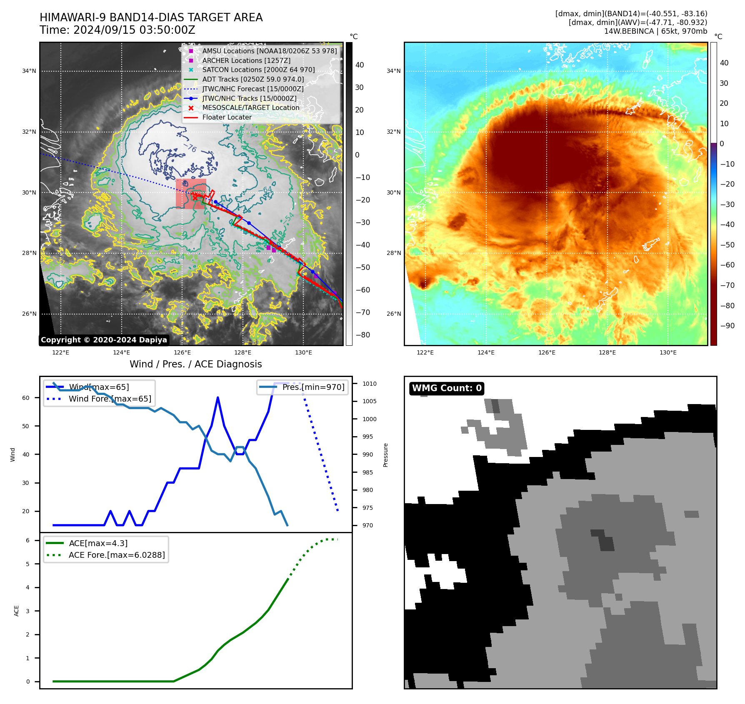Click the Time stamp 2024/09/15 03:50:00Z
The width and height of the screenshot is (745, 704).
(x=117, y=30)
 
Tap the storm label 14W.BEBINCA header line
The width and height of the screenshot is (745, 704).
(x=655, y=31)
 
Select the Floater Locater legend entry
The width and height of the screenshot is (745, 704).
(x=227, y=117)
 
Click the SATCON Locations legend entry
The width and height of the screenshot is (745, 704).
(x=258, y=70)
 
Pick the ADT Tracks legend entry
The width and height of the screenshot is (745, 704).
(x=253, y=80)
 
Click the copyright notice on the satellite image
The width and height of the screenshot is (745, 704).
(x=104, y=340)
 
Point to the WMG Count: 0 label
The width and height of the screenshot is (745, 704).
(x=447, y=388)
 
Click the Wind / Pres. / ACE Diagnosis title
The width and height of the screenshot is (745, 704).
(x=195, y=364)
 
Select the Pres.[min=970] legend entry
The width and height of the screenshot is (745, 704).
(x=313, y=387)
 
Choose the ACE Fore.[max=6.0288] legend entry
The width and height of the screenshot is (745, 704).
(x=117, y=555)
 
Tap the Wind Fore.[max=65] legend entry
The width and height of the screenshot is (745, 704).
(x=110, y=399)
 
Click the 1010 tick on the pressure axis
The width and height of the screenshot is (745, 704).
(x=369, y=384)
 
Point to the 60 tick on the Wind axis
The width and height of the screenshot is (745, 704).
(x=26, y=398)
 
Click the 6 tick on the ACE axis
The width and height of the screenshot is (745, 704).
(x=27, y=540)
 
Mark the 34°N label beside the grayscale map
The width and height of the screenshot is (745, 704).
(x=29, y=71)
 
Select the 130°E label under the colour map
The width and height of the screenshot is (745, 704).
(x=668, y=352)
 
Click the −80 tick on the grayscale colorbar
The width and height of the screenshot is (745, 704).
(x=362, y=335)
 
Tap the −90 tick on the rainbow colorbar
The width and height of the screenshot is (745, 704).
(x=727, y=326)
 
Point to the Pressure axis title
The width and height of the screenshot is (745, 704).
(x=385, y=455)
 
